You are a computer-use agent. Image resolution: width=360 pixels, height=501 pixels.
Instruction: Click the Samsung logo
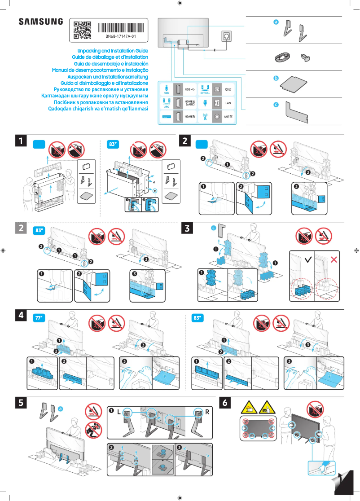tap(41, 22)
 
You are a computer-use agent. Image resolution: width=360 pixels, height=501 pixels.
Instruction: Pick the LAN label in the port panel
tap(228, 103)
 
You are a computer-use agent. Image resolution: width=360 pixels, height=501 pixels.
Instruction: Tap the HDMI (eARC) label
tap(190, 103)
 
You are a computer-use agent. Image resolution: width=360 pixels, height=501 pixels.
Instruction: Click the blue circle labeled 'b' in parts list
tap(277, 78)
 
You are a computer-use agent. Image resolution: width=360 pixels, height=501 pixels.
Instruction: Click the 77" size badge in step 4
tap(39, 318)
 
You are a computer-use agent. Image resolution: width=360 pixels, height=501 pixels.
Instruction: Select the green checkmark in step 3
tap(307, 259)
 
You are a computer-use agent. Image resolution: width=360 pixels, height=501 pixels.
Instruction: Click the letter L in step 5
tap(119, 411)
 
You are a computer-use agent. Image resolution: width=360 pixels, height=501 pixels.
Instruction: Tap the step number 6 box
tap(225, 404)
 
